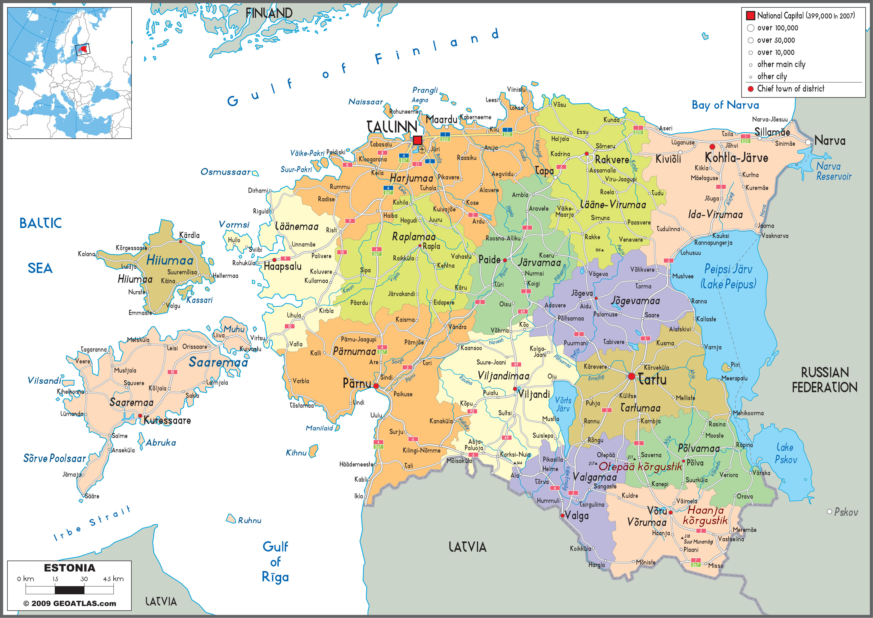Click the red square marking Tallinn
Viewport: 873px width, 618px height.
pyautogui.click(x=418, y=140)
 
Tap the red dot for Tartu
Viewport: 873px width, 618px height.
pyautogui.click(x=631, y=376)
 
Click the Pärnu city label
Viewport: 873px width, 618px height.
pyautogui.click(x=357, y=383)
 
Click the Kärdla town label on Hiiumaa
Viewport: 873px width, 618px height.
pyautogui.click(x=189, y=235)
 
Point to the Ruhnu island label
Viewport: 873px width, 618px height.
pyautogui.click(x=250, y=521)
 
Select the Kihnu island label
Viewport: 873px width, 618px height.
pyautogui.click(x=296, y=453)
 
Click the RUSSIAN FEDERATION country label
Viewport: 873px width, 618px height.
pyautogui.click(x=825, y=380)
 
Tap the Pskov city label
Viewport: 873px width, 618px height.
pyautogui.click(x=846, y=512)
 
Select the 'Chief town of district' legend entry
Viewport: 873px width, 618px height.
pyautogui.click(x=790, y=89)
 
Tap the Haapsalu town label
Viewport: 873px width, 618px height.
pyautogui.click(x=282, y=266)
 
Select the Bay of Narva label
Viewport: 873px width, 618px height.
pyautogui.click(x=725, y=105)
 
